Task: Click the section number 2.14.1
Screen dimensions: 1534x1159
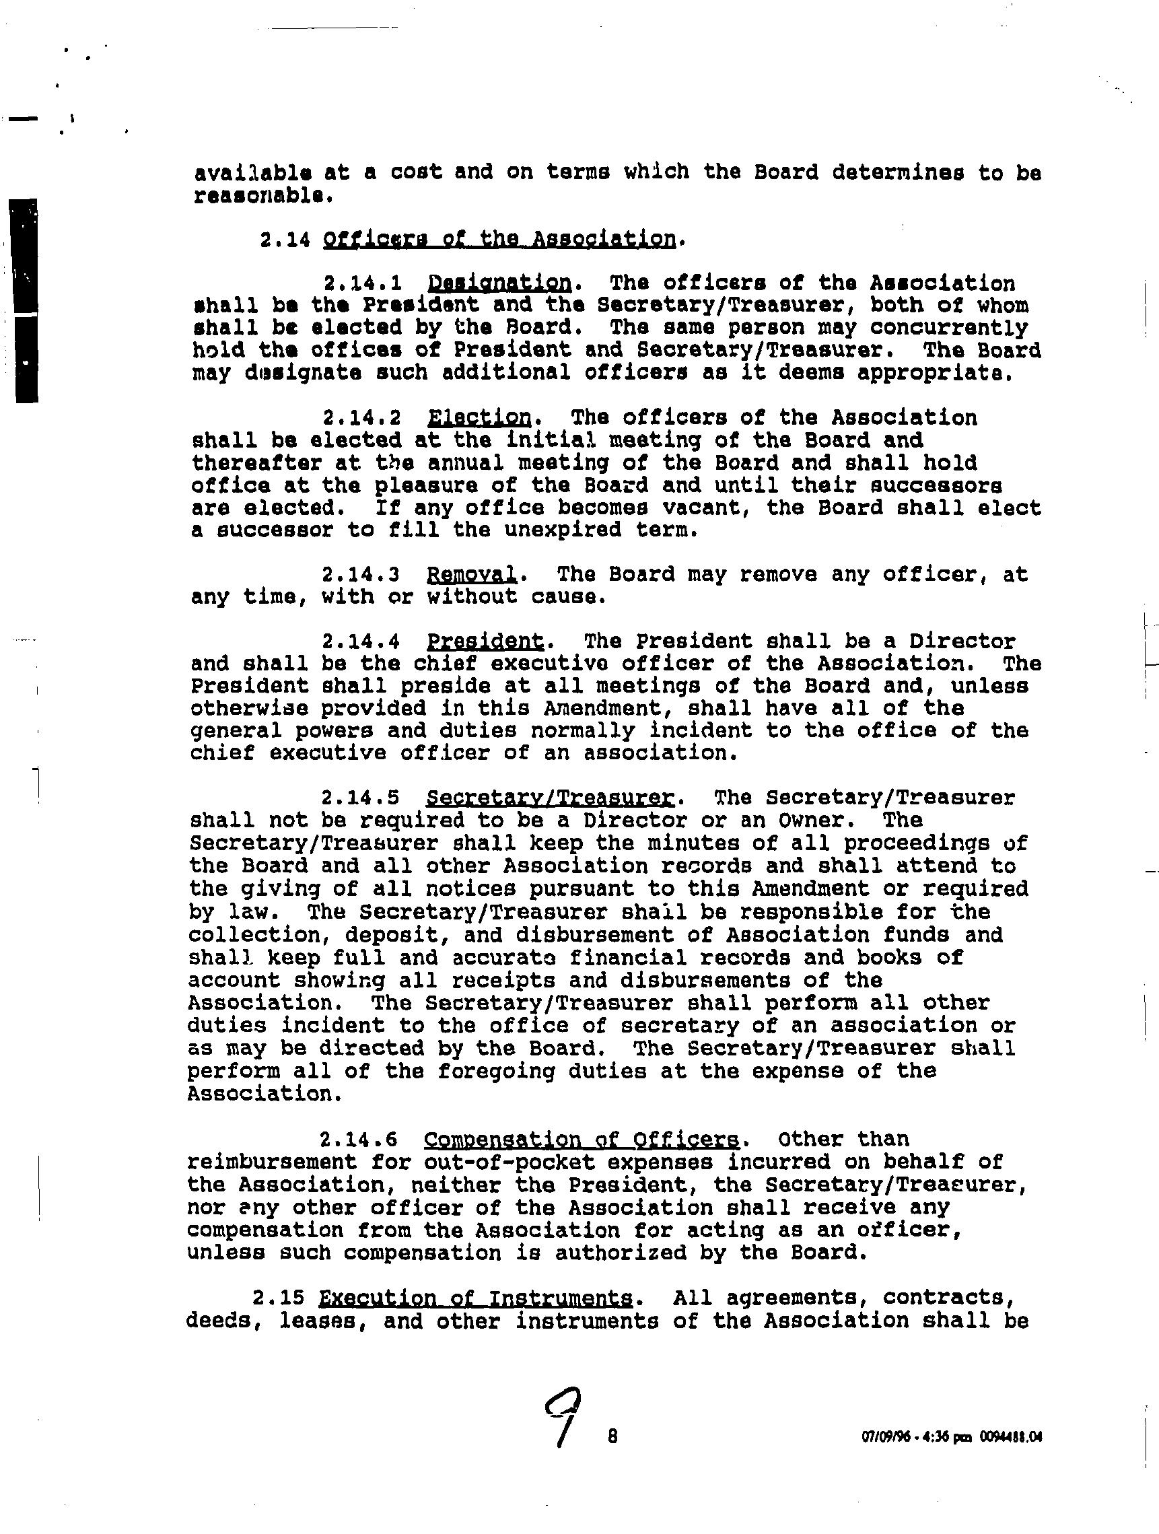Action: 362,283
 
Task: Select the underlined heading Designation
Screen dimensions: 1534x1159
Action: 499,283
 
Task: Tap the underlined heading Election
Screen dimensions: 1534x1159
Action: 479,417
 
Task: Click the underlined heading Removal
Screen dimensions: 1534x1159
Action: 472,574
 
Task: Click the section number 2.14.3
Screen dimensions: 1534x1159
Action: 361,574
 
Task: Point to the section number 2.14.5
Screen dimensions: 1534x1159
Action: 360,798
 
